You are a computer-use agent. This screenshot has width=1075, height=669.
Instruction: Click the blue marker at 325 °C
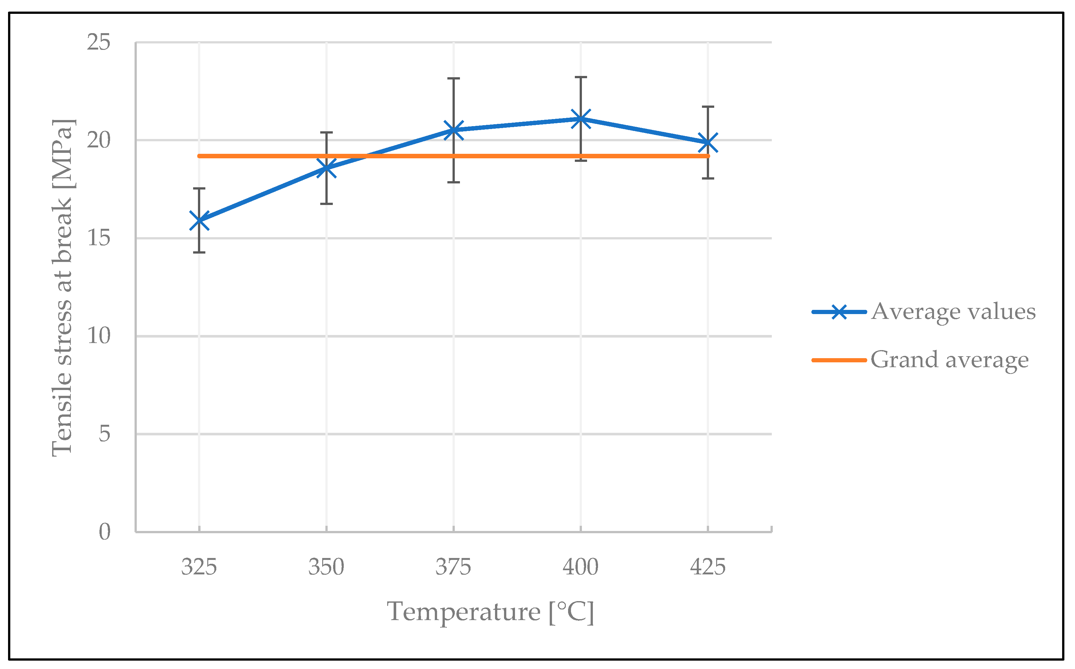pyautogui.click(x=199, y=220)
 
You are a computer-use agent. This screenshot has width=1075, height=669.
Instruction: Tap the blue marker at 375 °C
pyautogui.click(x=453, y=130)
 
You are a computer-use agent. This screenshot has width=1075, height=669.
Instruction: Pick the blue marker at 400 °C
pyautogui.click(x=581, y=118)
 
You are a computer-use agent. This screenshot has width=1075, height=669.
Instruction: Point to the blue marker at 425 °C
pyautogui.click(x=708, y=143)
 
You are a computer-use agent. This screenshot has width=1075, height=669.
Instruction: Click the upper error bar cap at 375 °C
pyautogui.click(x=453, y=78)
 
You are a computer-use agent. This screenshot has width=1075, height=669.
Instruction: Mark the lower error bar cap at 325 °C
pyautogui.click(x=199, y=252)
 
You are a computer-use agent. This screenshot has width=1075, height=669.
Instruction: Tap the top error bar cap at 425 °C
pyautogui.click(x=708, y=107)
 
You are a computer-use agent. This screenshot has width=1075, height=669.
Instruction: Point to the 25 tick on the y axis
pyautogui.click(x=98, y=42)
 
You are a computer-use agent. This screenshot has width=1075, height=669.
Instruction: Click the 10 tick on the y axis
pyautogui.click(x=98, y=336)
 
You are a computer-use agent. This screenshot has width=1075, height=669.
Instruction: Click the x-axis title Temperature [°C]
pyautogui.click(x=491, y=612)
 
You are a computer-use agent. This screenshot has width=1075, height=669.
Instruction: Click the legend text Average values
pyautogui.click(x=953, y=312)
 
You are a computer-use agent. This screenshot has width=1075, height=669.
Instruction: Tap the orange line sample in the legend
pyautogui.click(x=839, y=360)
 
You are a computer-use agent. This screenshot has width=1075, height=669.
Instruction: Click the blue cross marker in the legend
pyautogui.click(x=839, y=312)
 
